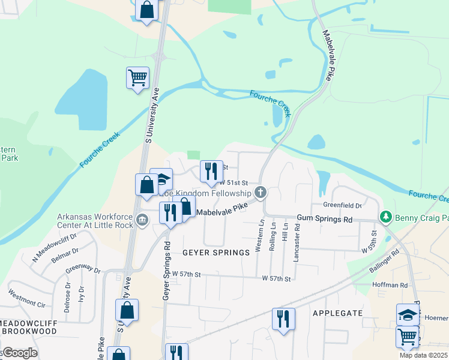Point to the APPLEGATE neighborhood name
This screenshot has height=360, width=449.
(337, 313)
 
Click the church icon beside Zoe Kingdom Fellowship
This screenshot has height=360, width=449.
(260, 193)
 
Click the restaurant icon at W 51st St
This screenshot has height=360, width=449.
(211, 171)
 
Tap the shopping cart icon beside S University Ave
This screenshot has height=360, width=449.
(137, 77)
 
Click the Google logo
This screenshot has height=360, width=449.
(20, 353)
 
